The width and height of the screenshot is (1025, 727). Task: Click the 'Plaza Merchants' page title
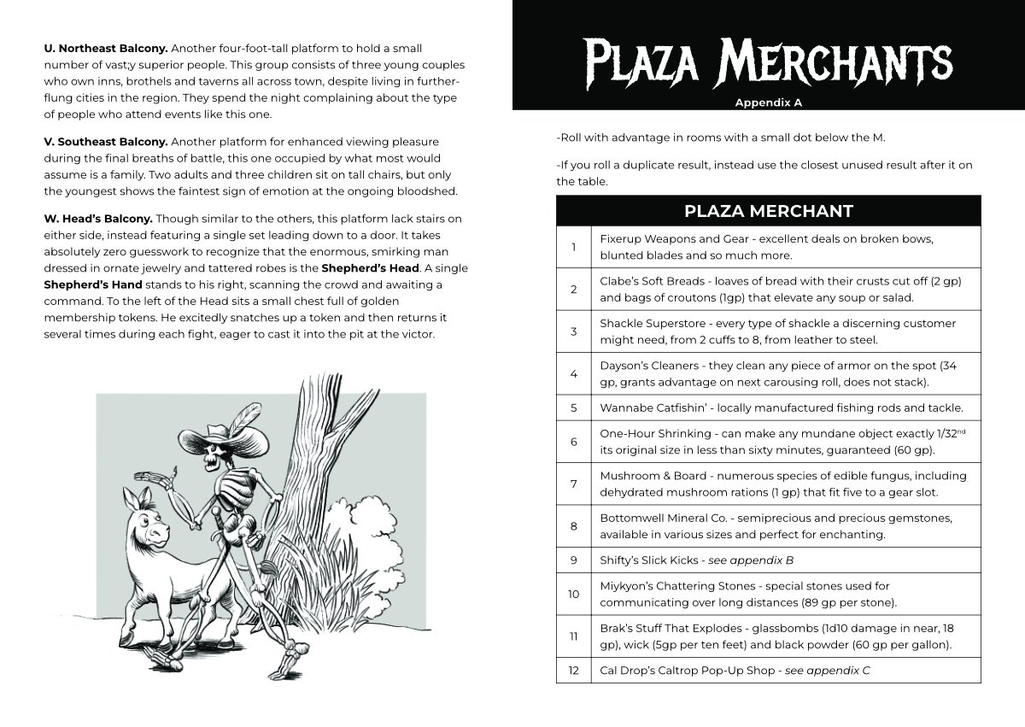tap(768, 62)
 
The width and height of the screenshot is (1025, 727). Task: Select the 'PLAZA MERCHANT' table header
tap(768, 211)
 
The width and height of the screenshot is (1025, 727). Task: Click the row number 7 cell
tap(573, 484)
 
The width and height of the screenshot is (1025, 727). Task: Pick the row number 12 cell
tap(573, 671)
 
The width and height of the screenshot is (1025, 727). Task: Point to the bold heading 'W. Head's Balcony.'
tap(98, 219)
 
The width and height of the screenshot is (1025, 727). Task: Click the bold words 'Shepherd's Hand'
tap(93, 284)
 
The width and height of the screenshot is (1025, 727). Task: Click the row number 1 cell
tap(573, 247)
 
